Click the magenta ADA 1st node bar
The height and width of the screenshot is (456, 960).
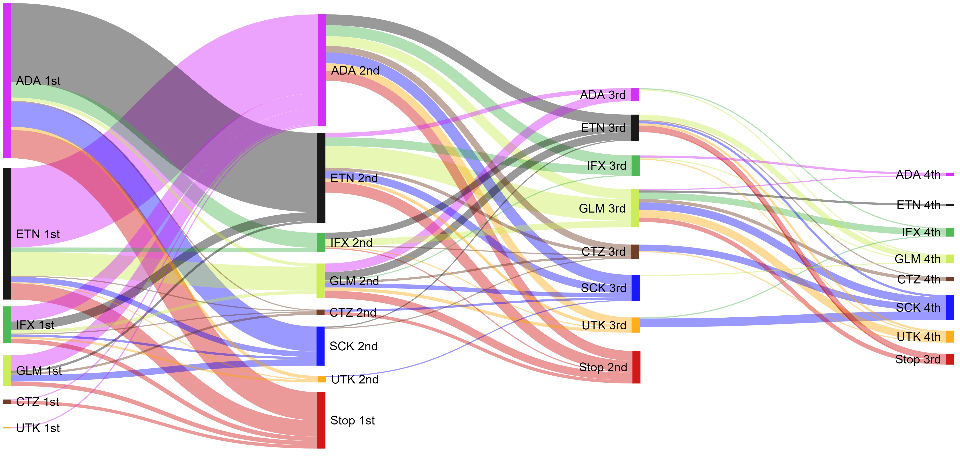pos(7,80)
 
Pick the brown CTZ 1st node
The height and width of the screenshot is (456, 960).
pos(7,402)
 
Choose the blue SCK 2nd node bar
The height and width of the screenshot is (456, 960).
pos(320,346)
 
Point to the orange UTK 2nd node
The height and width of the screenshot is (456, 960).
pos(322,379)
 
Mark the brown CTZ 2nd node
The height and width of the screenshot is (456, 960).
pos(320,312)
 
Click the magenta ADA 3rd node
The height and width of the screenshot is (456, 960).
pos(635,95)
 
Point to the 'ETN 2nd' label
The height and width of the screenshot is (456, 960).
pos(354,178)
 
